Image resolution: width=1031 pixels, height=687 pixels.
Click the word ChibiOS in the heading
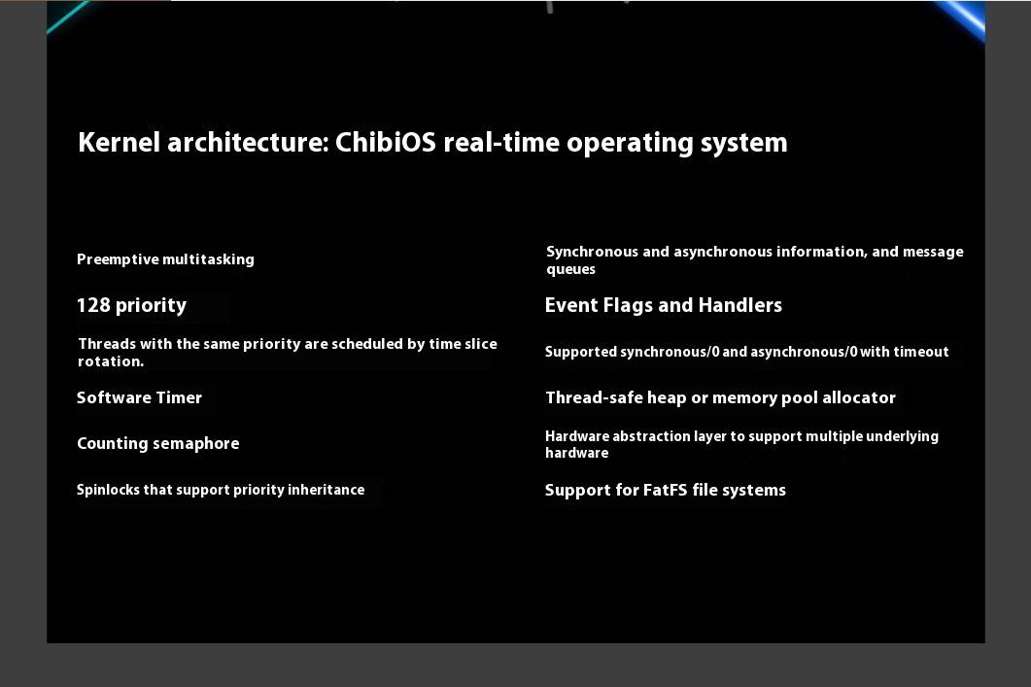click(386, 142)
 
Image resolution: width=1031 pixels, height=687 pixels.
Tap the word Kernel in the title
click(119, 142)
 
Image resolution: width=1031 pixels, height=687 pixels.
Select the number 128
click(93, 305)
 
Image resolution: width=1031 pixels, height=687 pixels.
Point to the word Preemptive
click(117, 259)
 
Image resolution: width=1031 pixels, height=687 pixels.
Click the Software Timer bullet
click(139, 397)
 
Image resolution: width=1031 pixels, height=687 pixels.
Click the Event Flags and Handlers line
click(664, 305)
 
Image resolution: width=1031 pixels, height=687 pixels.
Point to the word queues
click(570, 269)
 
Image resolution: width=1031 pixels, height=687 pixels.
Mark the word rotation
click(111, 361)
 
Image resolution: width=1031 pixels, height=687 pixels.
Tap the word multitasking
click(208, 259)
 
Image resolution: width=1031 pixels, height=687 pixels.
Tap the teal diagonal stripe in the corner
click(68, 16)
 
